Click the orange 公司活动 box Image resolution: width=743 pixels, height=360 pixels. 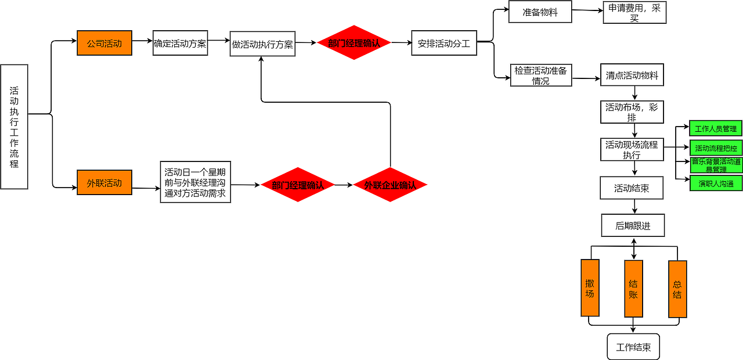104,43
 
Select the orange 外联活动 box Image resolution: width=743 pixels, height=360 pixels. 104,182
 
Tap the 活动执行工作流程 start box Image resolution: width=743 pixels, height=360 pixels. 15,127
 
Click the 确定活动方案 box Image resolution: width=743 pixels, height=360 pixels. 180,43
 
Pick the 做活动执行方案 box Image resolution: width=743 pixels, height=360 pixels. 262,44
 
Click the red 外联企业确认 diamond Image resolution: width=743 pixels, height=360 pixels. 390,185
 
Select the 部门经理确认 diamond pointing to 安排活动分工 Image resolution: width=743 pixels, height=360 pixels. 354,42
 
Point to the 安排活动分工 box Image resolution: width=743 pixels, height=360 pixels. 444,43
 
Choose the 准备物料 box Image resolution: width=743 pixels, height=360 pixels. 540,12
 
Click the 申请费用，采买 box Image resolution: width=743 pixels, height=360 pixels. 634,12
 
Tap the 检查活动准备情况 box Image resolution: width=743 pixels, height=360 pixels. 541,75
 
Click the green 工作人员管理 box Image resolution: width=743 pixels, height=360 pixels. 716,128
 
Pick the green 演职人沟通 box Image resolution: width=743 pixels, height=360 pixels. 716,183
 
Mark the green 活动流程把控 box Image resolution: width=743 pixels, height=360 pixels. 716,147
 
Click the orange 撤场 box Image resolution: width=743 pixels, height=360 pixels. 590,287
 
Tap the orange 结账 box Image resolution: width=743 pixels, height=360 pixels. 633,289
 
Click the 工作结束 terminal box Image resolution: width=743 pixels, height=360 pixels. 633,347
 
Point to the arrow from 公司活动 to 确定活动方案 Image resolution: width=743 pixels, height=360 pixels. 142,42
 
